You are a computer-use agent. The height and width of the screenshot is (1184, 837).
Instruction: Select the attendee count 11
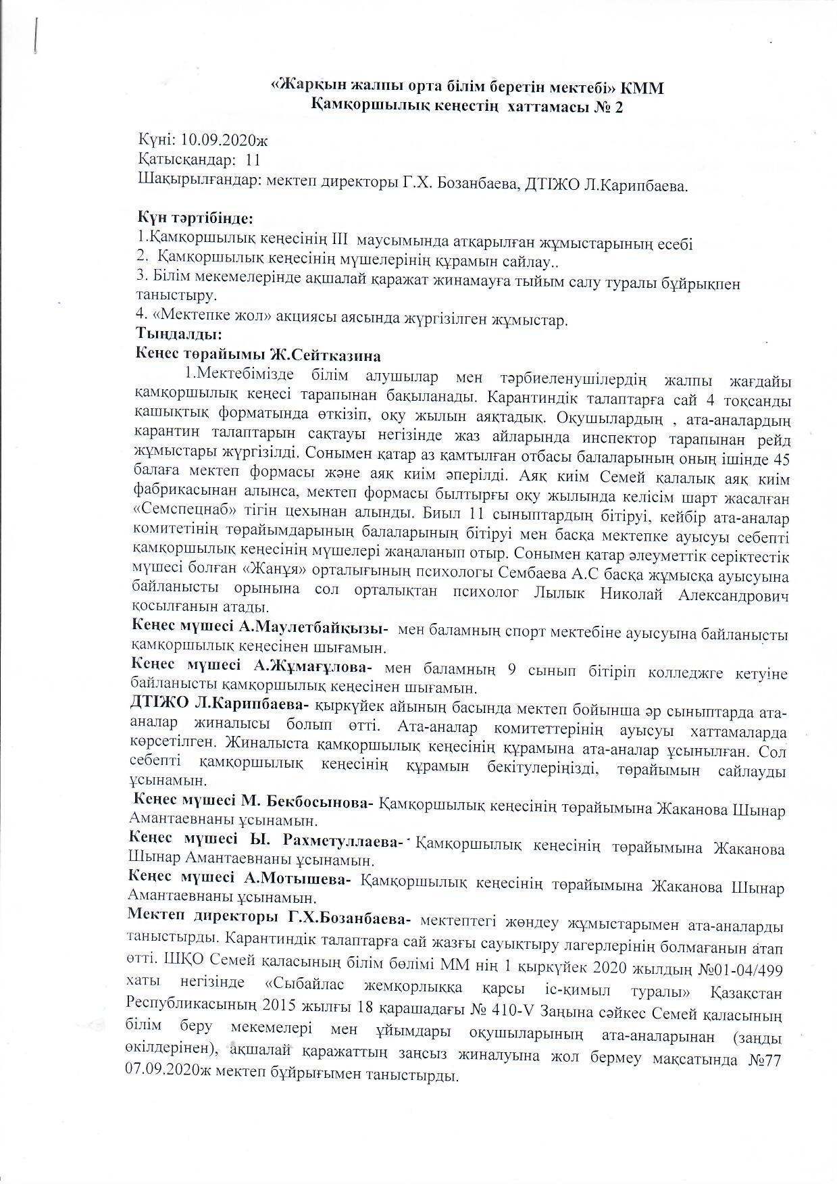(253, 161)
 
